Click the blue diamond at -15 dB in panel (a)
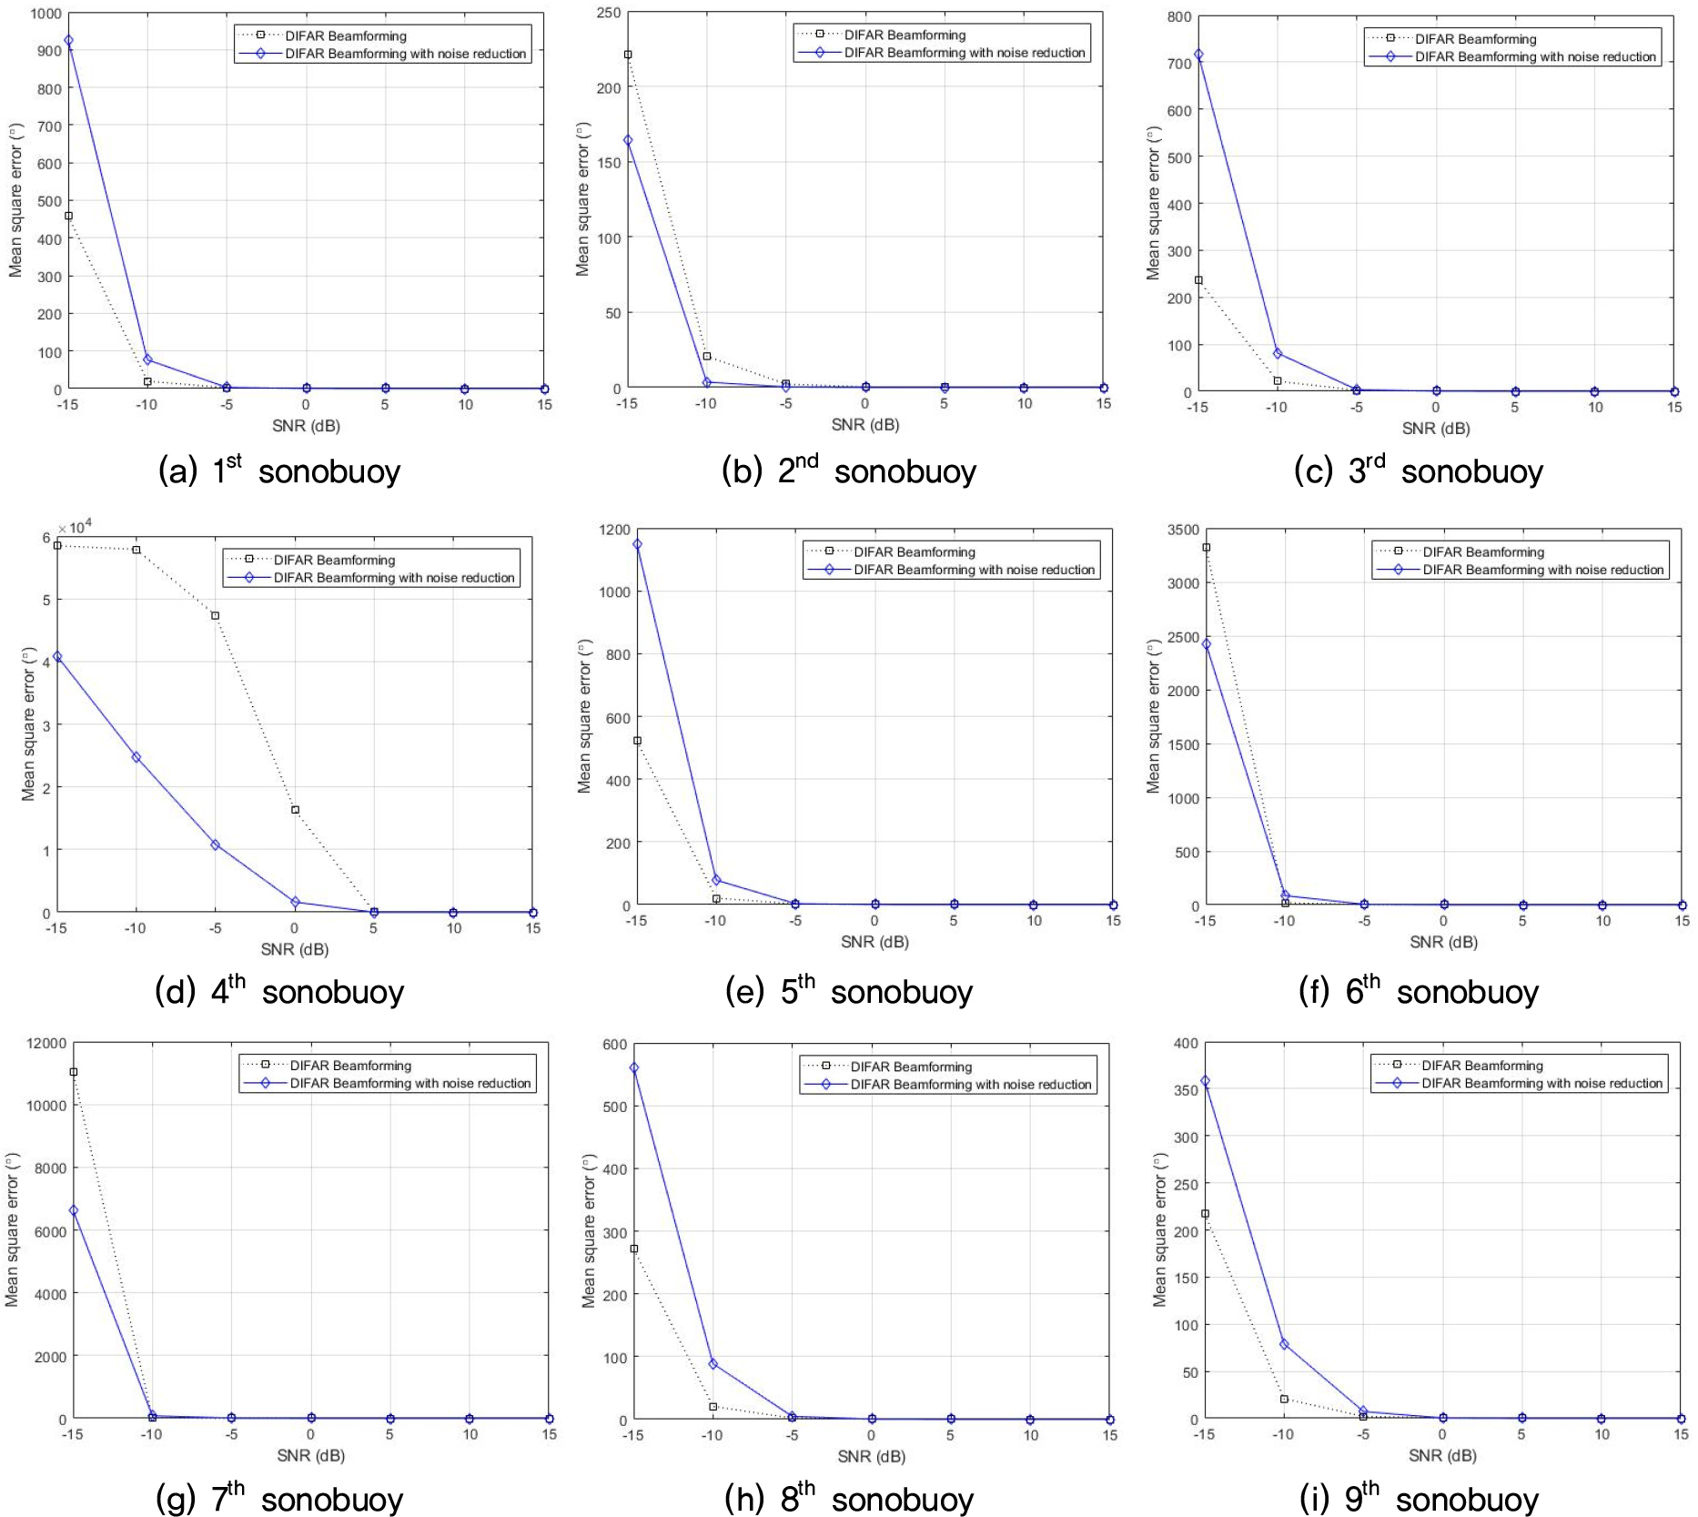[68, 41]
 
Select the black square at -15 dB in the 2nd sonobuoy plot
[628, 55]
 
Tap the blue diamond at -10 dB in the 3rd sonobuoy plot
[1278, 353]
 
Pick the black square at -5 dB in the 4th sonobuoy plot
[216, 616]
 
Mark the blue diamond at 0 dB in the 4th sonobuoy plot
[295, 903]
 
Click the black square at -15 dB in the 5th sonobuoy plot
[637, 741]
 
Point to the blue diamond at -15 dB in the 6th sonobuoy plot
[1207, 644]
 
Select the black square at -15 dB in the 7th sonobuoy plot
[74, 1072]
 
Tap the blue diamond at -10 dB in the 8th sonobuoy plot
[713, 1364]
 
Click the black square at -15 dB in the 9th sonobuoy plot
[1206, 1214]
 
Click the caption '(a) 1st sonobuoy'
[279, 471]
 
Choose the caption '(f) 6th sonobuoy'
[1418, 991]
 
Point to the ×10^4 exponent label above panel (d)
[75, 528]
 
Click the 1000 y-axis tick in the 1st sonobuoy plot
[45, 14]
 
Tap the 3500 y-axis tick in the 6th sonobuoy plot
[1183, 530]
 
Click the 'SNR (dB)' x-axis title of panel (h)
[871, 1456]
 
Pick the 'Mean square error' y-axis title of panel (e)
[585, 716]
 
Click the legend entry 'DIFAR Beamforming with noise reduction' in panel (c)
[1534, 56]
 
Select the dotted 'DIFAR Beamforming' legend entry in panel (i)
[1481, 1066]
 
